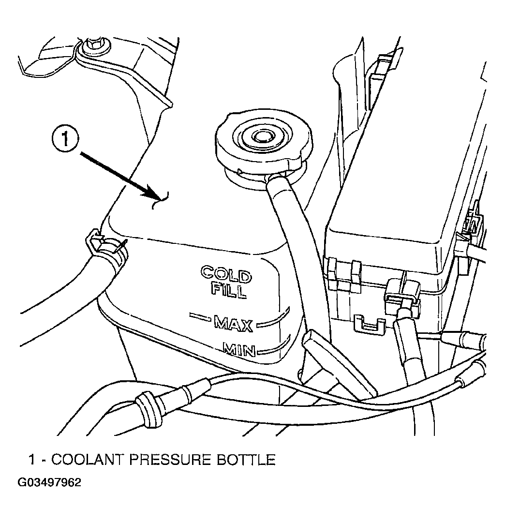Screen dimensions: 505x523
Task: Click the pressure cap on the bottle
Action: click(x=265, y=140)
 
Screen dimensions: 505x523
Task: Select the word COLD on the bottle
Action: click(x=226, y=273)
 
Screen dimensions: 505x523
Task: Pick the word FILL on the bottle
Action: click(x=229, y=290)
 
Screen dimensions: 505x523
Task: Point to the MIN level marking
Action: click(x=239, y=350)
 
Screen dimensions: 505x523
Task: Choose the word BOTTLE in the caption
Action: click(x=246, y=460)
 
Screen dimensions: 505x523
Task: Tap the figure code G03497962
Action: click(x=49, y=483)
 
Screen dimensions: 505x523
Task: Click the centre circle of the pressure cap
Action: click(x=258, y=135)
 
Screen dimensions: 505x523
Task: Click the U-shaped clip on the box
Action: click(x=369, y=325)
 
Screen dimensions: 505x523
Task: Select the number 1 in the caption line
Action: click(x=32, y=460)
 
